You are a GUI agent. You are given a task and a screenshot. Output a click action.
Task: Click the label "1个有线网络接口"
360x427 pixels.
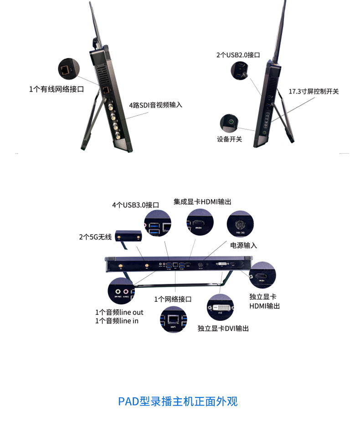57,89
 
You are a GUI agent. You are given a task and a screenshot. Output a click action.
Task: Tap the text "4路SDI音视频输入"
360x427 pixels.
155,105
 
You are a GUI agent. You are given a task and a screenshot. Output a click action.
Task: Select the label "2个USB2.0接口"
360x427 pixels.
238,55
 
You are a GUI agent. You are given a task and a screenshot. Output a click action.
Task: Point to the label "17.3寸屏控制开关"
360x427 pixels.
314,91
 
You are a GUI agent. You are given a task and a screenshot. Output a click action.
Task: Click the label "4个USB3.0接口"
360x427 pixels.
135,205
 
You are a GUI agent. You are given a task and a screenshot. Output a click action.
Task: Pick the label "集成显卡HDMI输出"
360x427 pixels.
205,201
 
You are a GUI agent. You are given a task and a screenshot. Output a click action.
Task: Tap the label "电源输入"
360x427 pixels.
243,245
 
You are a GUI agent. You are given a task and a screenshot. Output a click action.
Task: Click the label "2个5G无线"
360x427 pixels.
95,237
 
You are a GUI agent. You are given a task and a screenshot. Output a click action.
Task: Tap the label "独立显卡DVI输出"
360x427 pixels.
223,328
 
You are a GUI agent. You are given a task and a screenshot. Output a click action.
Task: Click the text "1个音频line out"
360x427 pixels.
119,312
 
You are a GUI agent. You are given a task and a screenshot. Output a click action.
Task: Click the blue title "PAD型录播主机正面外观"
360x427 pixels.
178,401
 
